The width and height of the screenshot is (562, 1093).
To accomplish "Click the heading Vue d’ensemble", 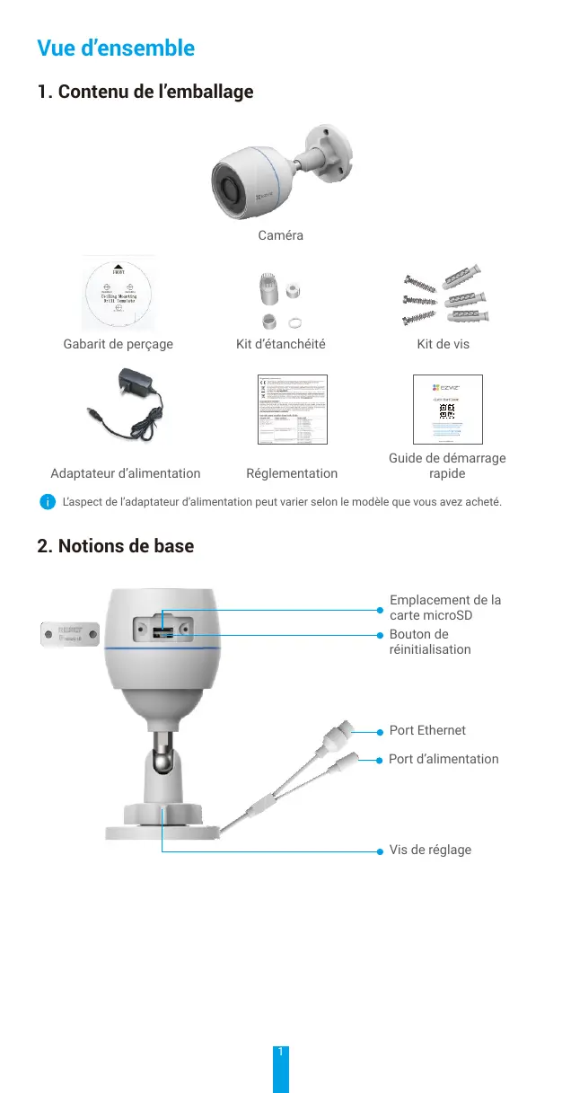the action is click(116, 48).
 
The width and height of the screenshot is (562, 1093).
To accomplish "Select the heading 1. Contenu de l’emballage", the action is click(145, 92).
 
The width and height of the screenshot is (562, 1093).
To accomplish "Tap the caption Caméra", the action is click(280, 235).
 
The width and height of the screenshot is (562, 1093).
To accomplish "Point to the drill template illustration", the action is click(118, 295).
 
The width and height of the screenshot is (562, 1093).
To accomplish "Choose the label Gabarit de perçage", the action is click(119, 344).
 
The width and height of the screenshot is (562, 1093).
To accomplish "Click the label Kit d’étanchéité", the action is click(280, 344).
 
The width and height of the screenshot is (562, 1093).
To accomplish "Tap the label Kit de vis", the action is click(443, 344).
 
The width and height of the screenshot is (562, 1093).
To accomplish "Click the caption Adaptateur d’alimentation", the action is click(126, 473).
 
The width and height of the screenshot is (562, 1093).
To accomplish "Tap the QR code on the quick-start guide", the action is click(446, 410).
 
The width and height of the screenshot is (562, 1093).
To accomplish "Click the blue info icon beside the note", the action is click(45, 501).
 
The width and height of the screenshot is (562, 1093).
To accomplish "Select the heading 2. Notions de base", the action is click(116, 546).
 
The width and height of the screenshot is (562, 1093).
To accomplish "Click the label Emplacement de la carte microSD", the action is click(445, 608).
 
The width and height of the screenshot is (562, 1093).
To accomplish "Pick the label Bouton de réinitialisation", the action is click(430, 641).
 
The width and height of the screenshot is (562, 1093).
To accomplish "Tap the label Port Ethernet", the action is click(427, 731).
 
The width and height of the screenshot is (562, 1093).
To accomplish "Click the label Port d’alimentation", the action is click(443, 759).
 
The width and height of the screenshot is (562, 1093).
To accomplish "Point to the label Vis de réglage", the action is click(430, 850).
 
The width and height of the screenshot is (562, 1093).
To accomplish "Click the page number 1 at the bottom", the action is click(281, 1052).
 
